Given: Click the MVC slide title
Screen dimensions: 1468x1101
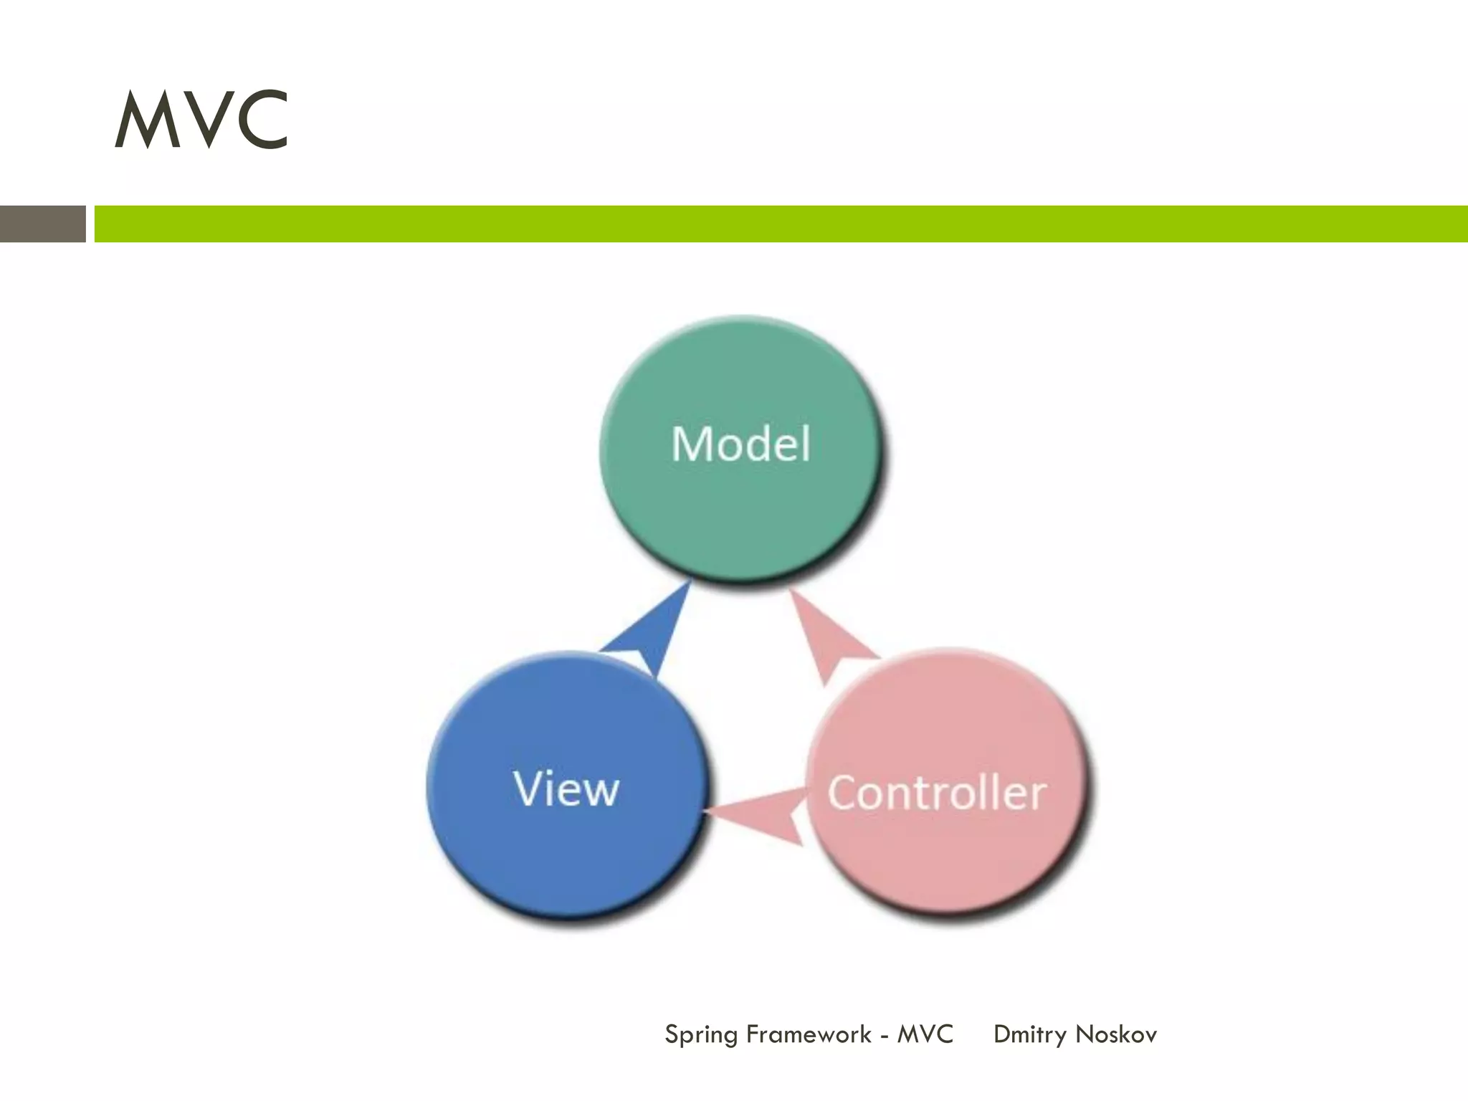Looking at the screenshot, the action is click(201, 120).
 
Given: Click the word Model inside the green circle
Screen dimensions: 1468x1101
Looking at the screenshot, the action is click(741, 444).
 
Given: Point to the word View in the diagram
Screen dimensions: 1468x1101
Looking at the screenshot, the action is click(566, 788).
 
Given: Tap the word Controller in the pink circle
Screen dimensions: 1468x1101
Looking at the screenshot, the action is click(937, 793).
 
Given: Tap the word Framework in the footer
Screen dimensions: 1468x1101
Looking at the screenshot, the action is click(809, 1034).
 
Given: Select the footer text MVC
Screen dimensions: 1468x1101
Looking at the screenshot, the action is click(925, 1034).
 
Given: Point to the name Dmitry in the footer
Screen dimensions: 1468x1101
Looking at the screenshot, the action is click(1030, 1035).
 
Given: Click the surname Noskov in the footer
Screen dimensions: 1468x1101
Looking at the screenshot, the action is click(1116, 1034).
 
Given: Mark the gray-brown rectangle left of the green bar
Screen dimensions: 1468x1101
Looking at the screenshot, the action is click(42, 224).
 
